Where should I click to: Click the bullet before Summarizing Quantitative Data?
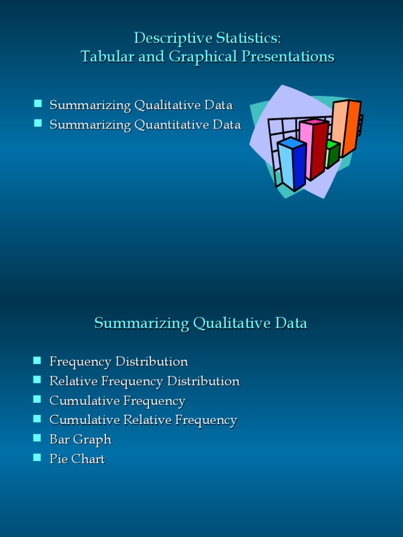coord(38,123)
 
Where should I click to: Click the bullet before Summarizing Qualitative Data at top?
coord(38,103)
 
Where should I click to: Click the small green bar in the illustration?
coord(332,153)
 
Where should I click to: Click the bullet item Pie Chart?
coord(77,459)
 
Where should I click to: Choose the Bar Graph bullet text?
coord(80,439)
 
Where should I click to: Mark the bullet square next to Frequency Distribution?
coord(37,360)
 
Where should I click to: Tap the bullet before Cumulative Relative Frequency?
coord(37,418)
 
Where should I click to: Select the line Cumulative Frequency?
coord(118,401)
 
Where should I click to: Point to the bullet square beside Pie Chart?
coord(37,457)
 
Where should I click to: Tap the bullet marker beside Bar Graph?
coord(37,437)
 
